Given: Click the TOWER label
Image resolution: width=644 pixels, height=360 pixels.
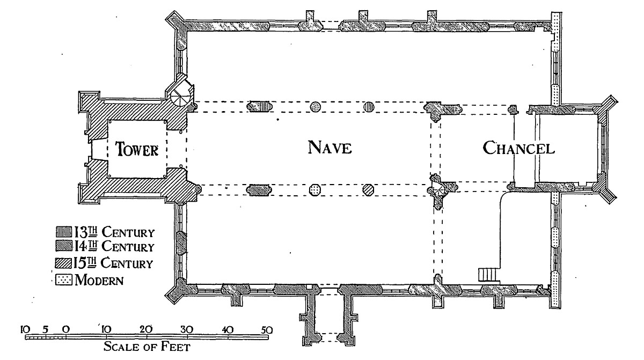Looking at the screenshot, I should (x=138, y=150).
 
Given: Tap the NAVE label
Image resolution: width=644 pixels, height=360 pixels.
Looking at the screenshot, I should (x=330, y=148).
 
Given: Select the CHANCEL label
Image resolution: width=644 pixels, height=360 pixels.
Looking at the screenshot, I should (x=518, y=148).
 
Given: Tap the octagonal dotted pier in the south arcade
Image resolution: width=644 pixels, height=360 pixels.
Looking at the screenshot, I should (x=315, y=189).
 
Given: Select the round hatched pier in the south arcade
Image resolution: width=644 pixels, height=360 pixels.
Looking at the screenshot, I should (x=368, y=189).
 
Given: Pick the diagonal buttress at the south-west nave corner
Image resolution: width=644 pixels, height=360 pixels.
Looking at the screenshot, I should (x=175, y=291).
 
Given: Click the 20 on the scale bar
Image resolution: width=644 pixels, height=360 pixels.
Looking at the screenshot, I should (x=145, y=329).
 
